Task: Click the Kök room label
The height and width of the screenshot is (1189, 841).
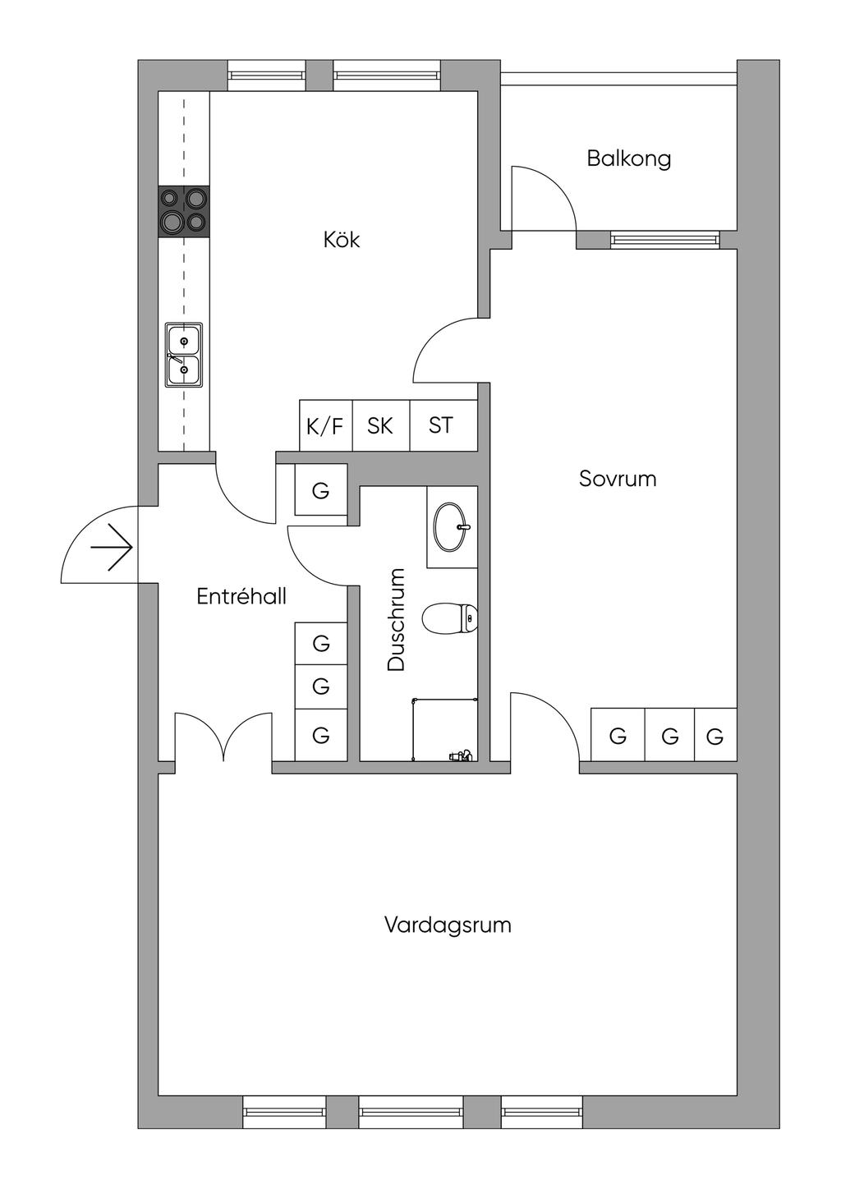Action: point(342,240)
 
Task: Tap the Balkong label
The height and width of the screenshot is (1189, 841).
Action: point(628,158)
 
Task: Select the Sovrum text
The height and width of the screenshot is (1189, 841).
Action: point(618,478)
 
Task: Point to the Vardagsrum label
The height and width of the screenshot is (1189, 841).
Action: point(448,925)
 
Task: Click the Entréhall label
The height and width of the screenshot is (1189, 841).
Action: point(241,596)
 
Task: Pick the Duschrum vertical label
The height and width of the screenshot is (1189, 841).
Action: point(397,619)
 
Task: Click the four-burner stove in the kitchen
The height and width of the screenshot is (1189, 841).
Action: point(184,210)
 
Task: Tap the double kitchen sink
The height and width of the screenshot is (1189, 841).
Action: point(184,355)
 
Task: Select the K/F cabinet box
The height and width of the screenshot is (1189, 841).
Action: point(325,425)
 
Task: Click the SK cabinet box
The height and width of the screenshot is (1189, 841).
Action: point(380,425)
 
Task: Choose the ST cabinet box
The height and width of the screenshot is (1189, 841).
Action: point(442,425)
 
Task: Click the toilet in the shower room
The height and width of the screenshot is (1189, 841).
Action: point(450,618)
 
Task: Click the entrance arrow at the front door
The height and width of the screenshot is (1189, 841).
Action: point(113,547)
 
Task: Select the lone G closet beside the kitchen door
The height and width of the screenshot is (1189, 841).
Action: point(321,491)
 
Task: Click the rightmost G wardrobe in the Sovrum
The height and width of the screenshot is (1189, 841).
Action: point(715,736)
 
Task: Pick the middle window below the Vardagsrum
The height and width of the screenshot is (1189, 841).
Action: point(411,1112)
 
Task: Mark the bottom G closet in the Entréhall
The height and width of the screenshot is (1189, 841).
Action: point(321,735)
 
